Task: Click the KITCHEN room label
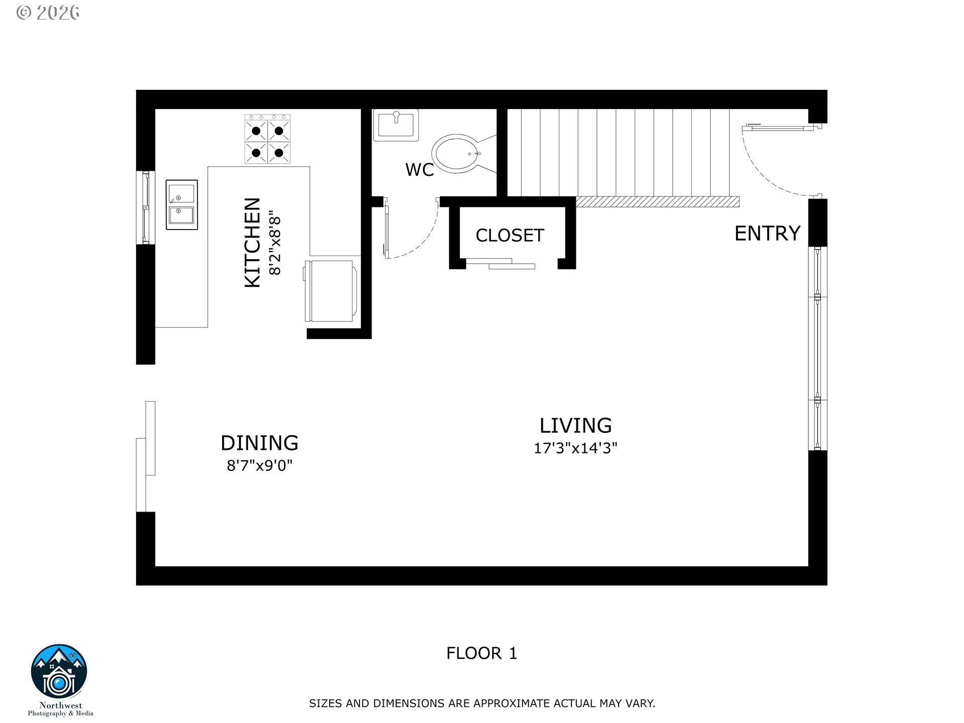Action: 253,243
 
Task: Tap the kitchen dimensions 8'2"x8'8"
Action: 275,246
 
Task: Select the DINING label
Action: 260,443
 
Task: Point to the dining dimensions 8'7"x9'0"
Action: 260,466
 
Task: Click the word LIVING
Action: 575,426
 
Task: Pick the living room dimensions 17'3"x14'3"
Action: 575,448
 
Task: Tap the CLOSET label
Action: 510,235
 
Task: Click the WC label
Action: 419,170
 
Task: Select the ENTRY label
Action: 767,233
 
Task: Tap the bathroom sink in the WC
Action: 396,125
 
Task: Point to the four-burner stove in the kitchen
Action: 268,139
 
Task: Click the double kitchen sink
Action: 182,205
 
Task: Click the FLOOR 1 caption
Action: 481,653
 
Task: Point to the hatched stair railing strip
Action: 657,202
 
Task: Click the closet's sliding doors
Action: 500,264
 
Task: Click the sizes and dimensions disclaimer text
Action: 482,703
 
